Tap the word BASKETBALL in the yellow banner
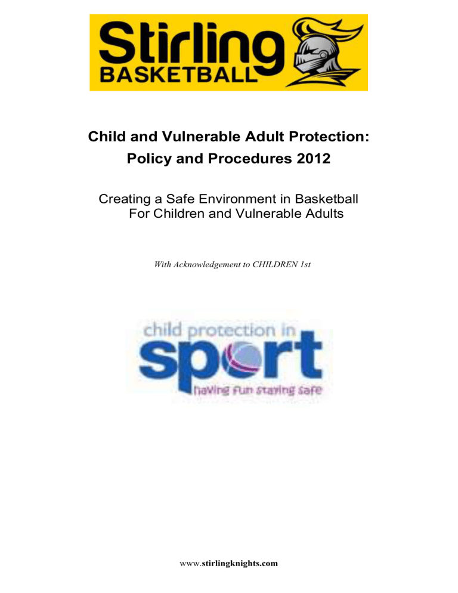pyautogui.click(x=178, y=75)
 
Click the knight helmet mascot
pyautogui.click(x=325, y=52)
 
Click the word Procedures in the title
pyautogui.click(x=250, y=158)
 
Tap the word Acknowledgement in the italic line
pyautogui.click(x=208, y=265)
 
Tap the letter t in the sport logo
pyautogui.click(x=308, y=354)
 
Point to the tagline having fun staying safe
pyautogui.click(x=258, y=390)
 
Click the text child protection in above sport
pyautogui.click(x=219, y=331)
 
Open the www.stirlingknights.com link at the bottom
pyautogui.click(x=228, y=564)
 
